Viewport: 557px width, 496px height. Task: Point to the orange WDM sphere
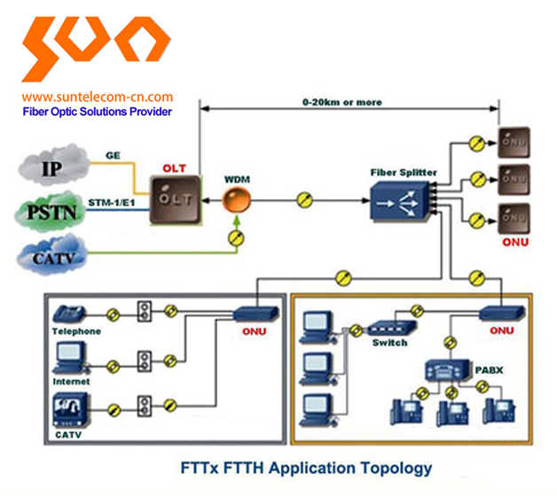236,202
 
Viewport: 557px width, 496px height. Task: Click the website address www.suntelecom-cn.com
98,97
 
